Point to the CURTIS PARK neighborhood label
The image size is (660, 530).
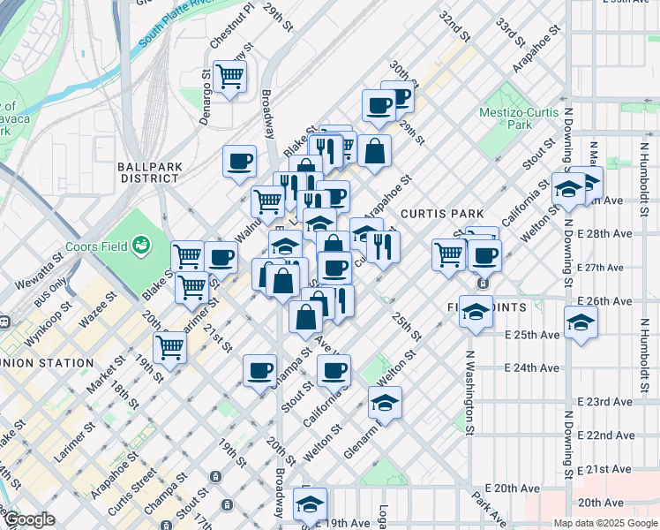(442, 214)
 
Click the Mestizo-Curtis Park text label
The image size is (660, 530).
(519, 118)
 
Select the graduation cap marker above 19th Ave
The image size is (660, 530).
(310, 504)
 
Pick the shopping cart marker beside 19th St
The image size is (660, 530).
(169, 347)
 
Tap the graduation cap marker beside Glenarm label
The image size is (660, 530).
(385, 403)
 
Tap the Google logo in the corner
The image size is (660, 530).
(29, 520)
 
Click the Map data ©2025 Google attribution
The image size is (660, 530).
(605, 523)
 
